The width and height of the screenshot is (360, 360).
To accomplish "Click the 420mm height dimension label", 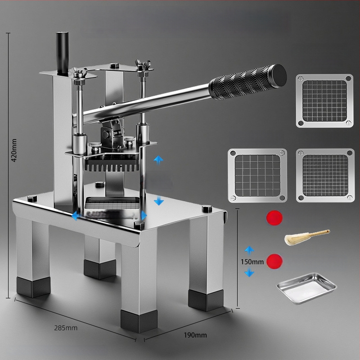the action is pos(14,150).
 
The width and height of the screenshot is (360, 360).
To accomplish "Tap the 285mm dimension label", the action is pos(66,328).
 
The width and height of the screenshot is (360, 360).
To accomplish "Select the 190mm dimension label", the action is pos(195,335).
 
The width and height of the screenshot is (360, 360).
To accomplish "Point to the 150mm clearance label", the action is pos(252,262).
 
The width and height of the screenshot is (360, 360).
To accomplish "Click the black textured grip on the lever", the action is pos(248,82).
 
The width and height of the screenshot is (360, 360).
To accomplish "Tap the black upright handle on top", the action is pos(62,54).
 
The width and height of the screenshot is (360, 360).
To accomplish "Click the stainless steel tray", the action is pos(306,288).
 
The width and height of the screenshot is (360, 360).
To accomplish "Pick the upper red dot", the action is pos(274,218).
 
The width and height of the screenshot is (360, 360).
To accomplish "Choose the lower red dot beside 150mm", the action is pos(274,261).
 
